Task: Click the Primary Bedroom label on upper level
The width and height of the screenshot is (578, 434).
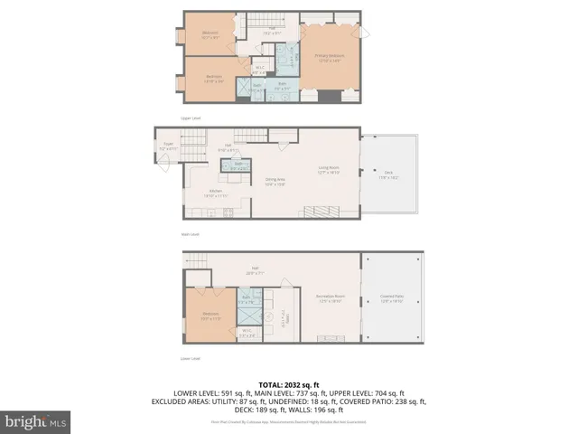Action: pyautogui.click(x=328, y=57)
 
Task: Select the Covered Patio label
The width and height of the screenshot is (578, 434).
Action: pyautogui.click(x=391, y=298)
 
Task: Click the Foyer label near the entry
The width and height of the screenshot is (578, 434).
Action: pyautogui.click(x=168, y=145)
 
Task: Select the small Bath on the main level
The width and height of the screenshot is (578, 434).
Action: pyautogui.click(x=239, y=166)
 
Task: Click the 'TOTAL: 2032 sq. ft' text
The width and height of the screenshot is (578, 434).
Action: pyautogui.click(x=288, y=383)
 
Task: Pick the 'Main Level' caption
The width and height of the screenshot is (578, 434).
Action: pyautogui.click(x=189, y=233)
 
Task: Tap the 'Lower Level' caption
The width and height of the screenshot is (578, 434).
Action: pyautogui.click(x=189, y=358)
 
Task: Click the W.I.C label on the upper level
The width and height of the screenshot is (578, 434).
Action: pyautogui.click(x=258, y=69)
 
